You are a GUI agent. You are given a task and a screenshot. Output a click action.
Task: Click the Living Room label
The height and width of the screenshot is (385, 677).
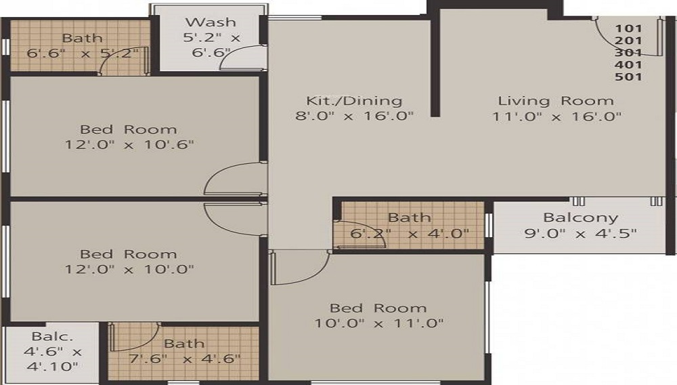click(x=556, y=101)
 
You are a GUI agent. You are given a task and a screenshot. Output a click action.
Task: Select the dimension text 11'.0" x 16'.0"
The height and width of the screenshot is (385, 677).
click(x=556, y=116)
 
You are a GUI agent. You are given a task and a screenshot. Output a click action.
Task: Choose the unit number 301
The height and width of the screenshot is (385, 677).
click(x=628, y=52)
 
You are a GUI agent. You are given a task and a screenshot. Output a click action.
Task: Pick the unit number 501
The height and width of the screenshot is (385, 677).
click(x=628, y=77)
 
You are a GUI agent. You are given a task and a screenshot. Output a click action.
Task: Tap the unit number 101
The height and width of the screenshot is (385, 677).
click(x=628, y=28)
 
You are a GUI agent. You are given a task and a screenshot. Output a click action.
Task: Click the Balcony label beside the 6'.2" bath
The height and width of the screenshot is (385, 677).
click(x=581, y=218)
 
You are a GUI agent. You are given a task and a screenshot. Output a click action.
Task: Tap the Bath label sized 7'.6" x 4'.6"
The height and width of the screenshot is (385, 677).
click(x=183, y=344)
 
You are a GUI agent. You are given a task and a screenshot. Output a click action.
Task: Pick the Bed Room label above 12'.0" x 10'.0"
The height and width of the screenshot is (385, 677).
click(x=128, y=254)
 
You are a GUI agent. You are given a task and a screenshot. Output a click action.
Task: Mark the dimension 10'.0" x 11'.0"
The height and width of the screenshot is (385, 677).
click(x=378, y=323)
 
